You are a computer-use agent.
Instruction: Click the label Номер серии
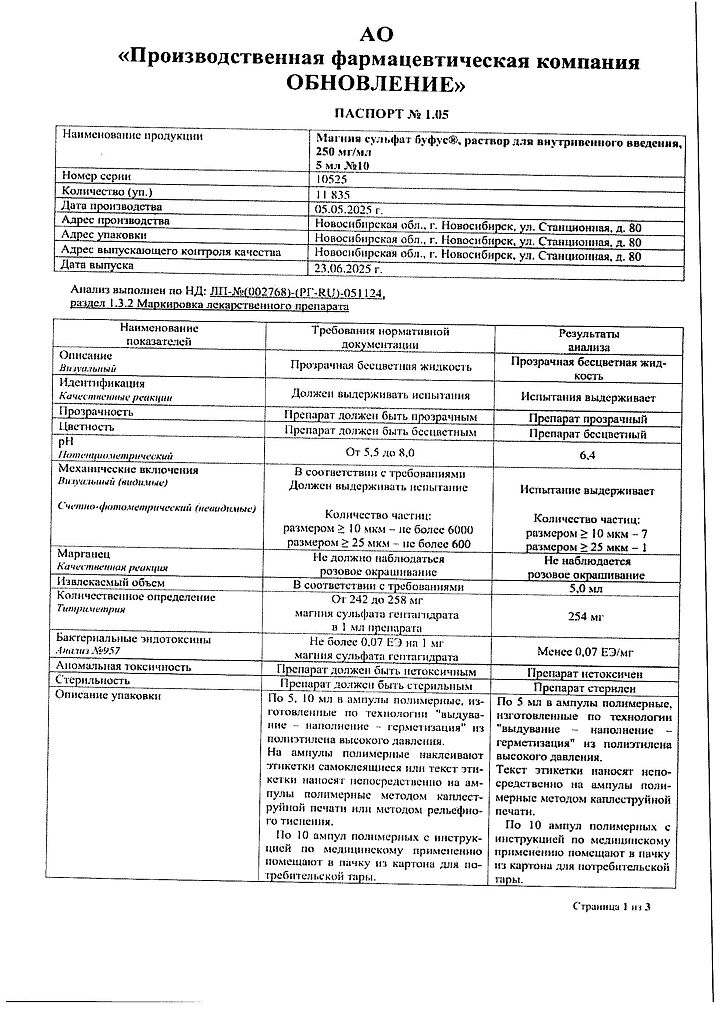[97, 176]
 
